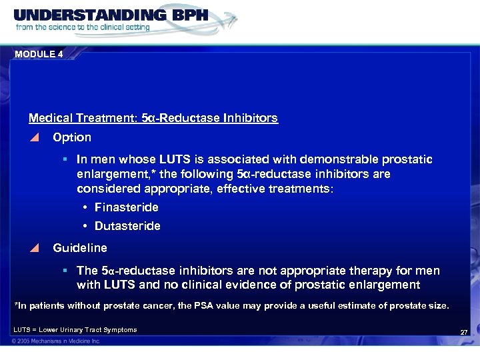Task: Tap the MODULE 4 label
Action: [38, 55]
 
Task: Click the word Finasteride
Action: [127, 207]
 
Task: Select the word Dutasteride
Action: [127, 226]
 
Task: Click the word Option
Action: [72, 137]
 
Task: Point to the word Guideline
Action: [80, 248]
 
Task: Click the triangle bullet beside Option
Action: [35, 137]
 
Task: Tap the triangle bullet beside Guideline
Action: [35, 248]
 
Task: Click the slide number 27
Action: [464, 332]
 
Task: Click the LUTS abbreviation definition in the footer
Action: [75, 329]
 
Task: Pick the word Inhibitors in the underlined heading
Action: [251, 118]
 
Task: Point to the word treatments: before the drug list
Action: [303, 189]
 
